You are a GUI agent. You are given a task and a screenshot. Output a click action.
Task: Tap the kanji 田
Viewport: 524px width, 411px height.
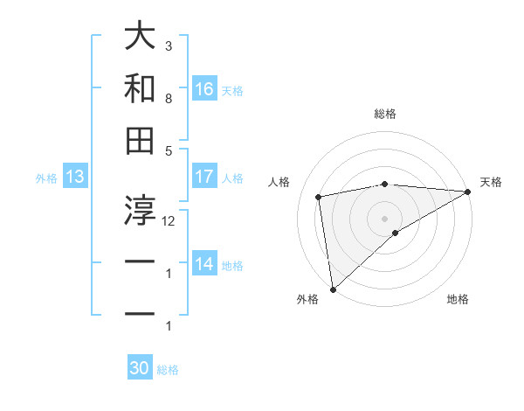(141, 140)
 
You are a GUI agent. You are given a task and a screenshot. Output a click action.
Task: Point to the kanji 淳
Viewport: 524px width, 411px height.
(141, 207)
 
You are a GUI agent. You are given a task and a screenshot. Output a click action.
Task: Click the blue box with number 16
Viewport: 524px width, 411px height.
(204, 88)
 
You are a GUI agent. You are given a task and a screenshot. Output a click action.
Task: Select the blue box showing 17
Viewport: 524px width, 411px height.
(204, 177)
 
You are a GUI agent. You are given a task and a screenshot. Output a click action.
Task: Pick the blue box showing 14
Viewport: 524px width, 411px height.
(204, 264)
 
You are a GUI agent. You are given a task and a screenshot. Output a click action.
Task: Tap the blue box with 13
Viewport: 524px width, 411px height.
(75, 178)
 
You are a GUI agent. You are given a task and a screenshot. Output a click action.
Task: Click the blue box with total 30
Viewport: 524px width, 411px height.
(140, 369)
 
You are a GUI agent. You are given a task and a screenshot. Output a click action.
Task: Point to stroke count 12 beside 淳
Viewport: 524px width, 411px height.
(169, 221)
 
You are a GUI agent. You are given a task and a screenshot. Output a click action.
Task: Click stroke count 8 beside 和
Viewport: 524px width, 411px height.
(169, 99)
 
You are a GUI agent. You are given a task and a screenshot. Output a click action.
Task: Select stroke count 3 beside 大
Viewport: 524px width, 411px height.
(169, 45)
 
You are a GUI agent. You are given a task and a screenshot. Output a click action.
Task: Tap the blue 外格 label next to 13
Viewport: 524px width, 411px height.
(46, 178)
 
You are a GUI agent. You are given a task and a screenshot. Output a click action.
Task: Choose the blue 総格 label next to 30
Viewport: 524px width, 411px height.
(168, 370)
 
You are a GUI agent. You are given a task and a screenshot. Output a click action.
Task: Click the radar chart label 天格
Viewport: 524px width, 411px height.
(491, 182)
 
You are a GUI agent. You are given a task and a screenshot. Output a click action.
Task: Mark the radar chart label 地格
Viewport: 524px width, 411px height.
(458, 300)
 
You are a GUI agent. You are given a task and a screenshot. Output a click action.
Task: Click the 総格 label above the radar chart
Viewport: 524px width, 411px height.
(385, 114)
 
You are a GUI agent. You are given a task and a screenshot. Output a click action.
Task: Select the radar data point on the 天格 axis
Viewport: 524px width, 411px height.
(468, 192)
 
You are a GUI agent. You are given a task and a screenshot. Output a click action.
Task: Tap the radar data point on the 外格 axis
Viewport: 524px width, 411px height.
(333, 289)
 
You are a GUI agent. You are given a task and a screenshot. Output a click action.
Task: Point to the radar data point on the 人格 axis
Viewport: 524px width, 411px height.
(320, 197)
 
